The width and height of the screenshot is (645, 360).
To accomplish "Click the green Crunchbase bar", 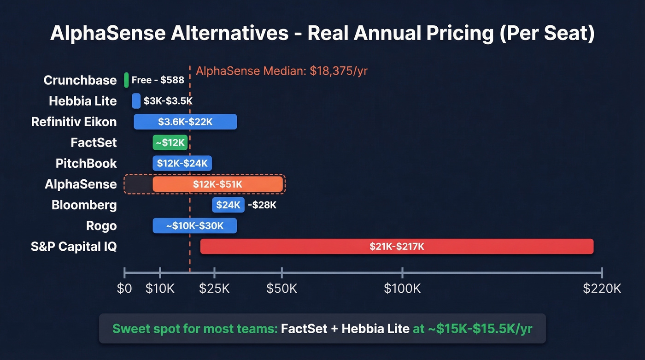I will [x=126, y=80].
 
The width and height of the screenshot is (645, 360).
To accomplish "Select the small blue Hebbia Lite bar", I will [x=136, y=101].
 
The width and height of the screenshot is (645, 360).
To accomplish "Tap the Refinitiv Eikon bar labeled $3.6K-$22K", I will [x=185, y=122].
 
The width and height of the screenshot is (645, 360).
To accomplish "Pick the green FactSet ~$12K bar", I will [x=170, y=143].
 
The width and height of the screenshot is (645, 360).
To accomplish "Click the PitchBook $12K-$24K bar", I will [x=182, y=163].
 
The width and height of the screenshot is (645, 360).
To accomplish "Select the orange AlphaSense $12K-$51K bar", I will [x=217, y=184].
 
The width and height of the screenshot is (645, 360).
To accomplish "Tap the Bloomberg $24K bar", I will [x=228, y=205].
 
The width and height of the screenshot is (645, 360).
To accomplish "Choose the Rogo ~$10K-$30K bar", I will [x=194, y=226].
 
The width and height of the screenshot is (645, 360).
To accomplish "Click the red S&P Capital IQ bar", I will [x=397, y=247].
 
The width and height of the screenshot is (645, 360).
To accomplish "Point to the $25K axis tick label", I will [x=214, y=289].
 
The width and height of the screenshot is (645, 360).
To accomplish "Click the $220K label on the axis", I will [x=602, y=289].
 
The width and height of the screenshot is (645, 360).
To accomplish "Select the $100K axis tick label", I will [x=402, y=289].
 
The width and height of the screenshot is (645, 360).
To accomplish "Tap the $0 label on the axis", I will [x=124, y=289].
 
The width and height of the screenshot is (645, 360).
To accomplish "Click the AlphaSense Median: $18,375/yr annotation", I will [x=281, y=71].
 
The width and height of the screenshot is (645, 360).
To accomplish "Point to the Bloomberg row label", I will [x=84, y=205].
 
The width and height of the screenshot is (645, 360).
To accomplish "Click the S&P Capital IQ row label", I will [x=74, y=247].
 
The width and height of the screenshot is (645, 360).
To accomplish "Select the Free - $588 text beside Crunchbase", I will [x=158, y=80].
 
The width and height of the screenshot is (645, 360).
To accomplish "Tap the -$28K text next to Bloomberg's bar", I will [x=262, y=205].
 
